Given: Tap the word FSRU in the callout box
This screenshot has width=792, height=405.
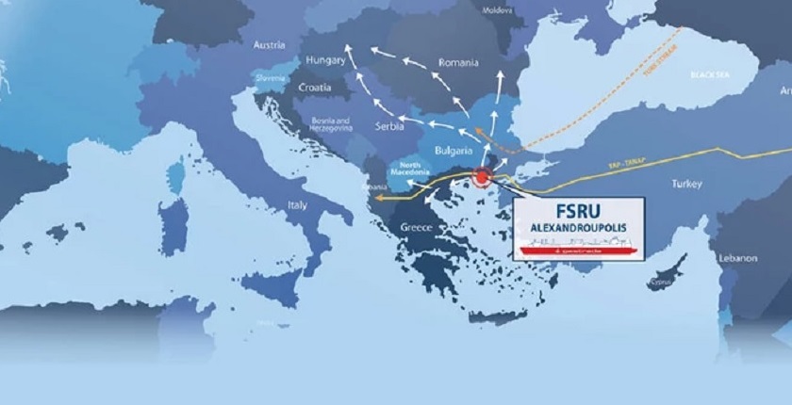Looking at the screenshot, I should coord(580,210).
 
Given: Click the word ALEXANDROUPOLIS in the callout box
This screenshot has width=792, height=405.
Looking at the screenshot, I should coord(580,229).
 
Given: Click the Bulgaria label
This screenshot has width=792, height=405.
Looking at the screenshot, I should coord(454,151).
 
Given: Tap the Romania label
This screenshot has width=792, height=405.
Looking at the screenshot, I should coord(460,63).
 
